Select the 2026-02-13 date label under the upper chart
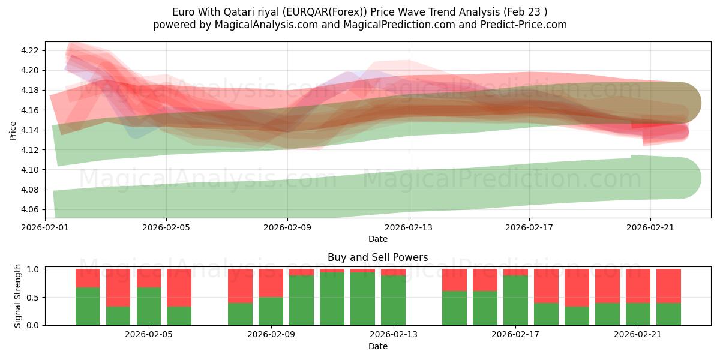408,228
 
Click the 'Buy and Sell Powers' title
377,257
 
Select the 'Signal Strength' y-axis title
18,296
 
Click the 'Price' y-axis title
13,130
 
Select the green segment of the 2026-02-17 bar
515,300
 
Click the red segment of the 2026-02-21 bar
638,286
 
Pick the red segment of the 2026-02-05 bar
179,288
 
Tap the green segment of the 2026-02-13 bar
393,300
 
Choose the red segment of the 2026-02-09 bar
271,283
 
